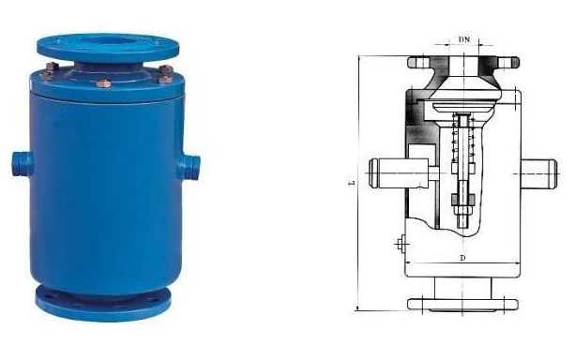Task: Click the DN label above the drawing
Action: (x=464, y=39)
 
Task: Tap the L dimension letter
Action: (x=352, y=182)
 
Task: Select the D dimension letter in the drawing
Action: (x=463, y=258)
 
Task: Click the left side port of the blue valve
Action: (x=22, y=163)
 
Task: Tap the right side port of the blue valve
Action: (x=189, y=167)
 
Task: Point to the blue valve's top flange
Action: (x=108, y=48)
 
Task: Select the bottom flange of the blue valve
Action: (x=103, y=302)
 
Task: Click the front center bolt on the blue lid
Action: (x=104, y=84)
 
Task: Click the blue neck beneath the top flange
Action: (x=109, y=68)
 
